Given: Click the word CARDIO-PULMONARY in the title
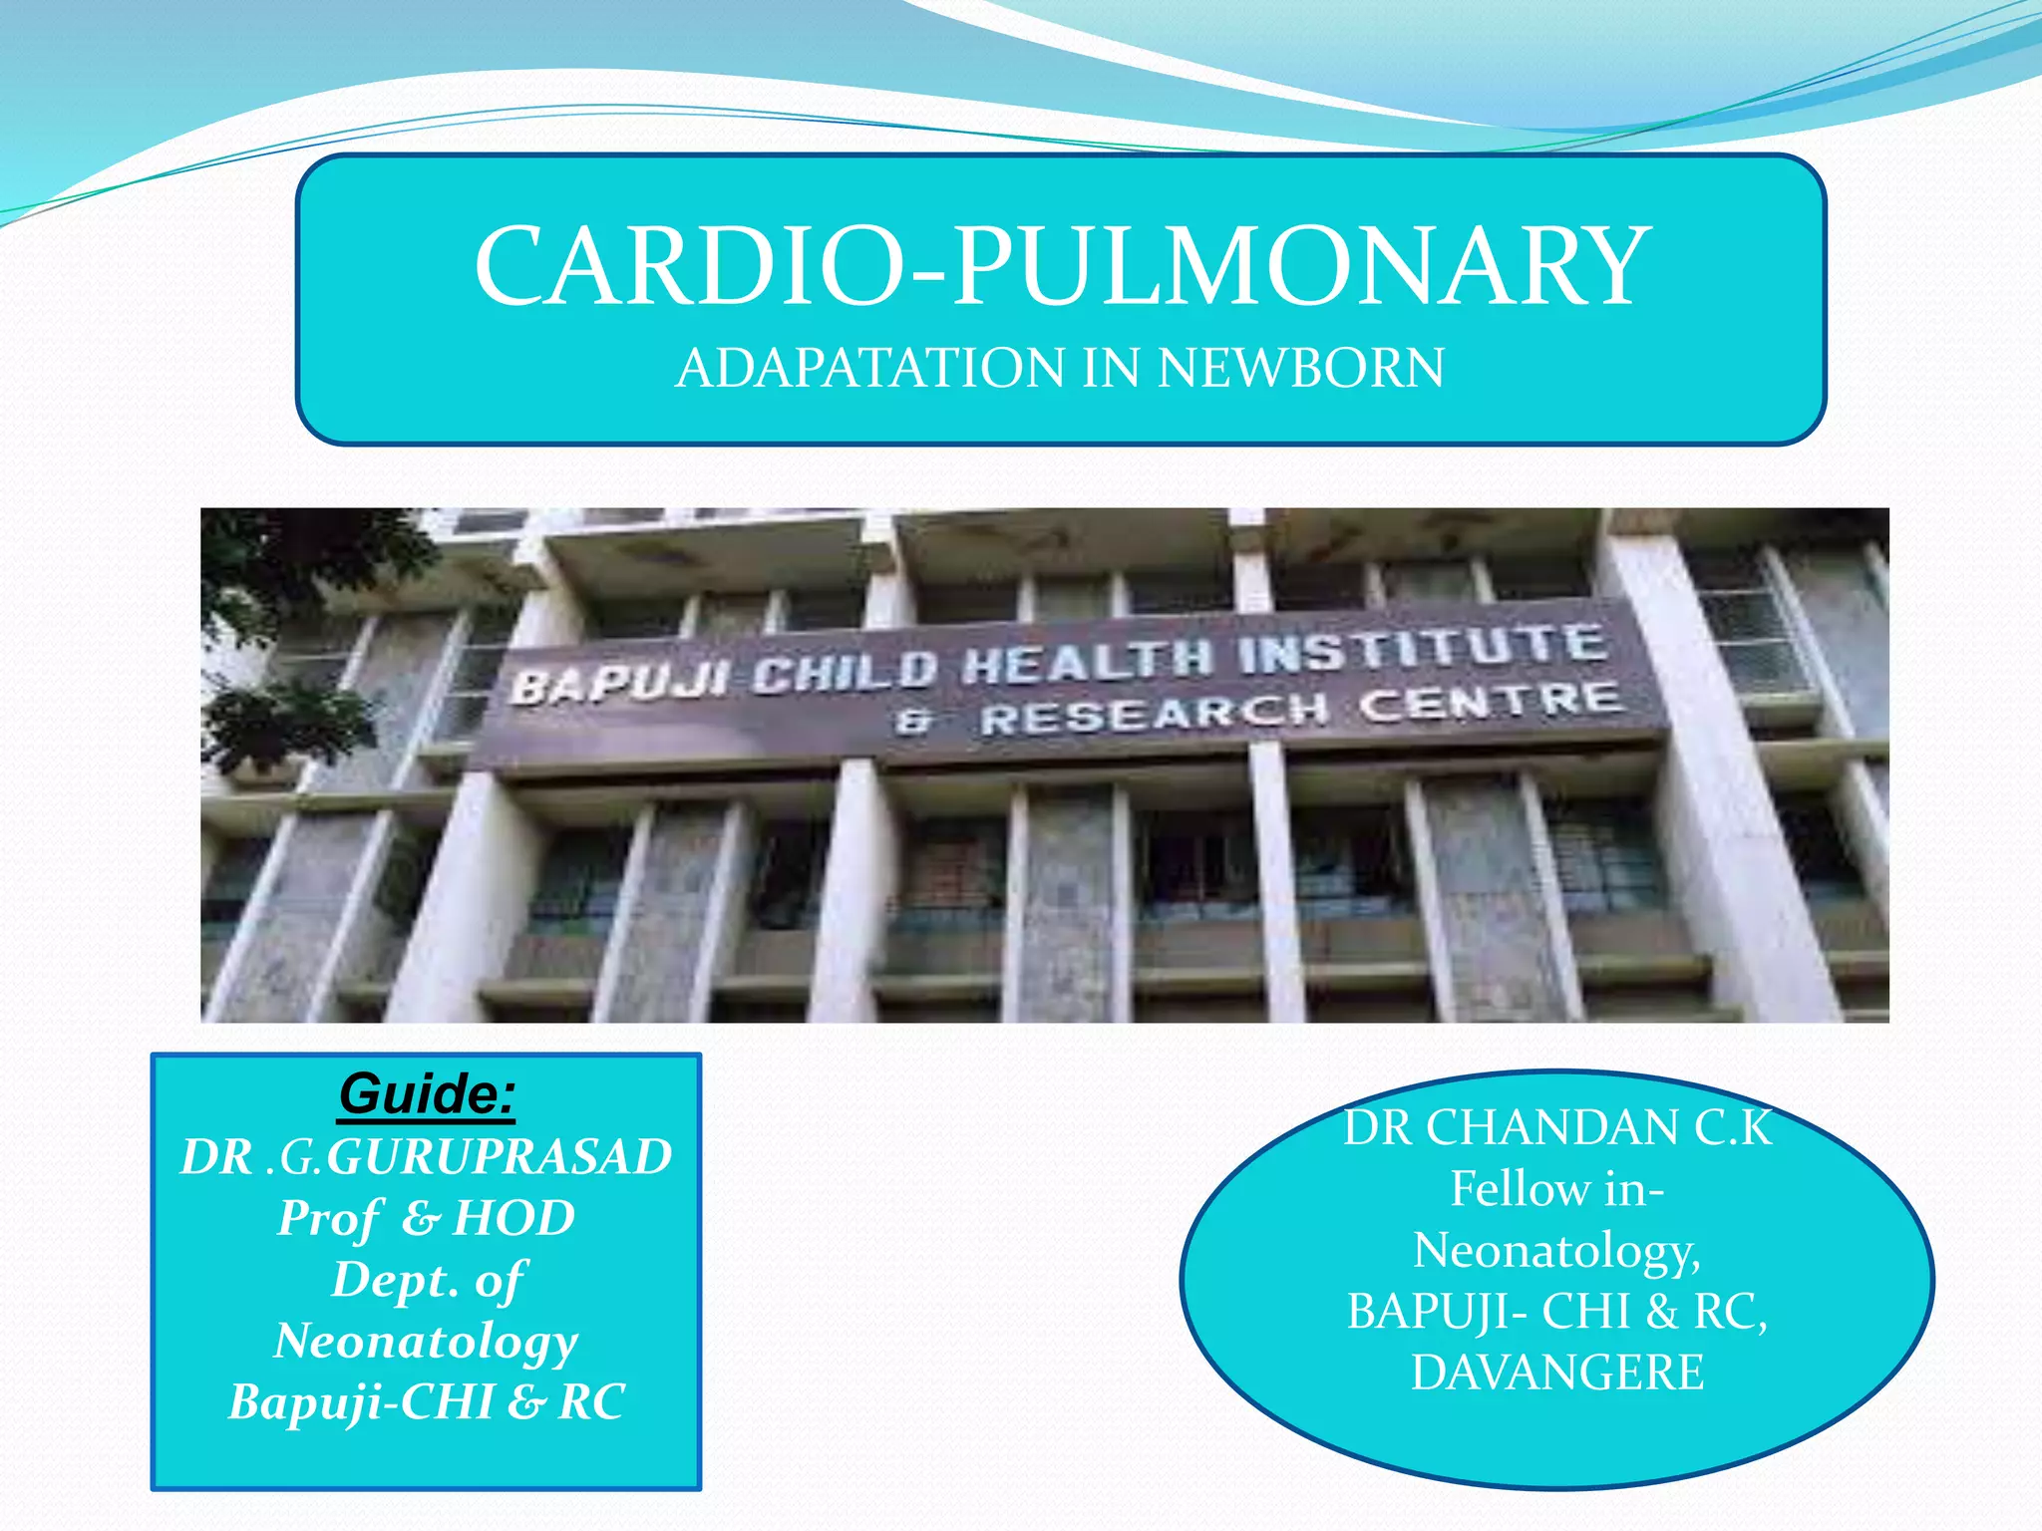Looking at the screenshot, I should [x=1061, y=267].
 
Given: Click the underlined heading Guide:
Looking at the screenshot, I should [x=427, y=1094].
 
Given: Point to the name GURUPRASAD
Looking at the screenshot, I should [x=499, y=1157].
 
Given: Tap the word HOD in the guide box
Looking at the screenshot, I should [x=513, y=1218].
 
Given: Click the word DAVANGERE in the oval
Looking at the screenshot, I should [x=1557, y=1373].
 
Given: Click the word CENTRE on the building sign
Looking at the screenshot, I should [x=1491, y=702].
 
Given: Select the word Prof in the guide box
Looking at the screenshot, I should [x=329, y=1218].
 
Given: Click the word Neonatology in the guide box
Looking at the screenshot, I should [x=427, y=1342].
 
